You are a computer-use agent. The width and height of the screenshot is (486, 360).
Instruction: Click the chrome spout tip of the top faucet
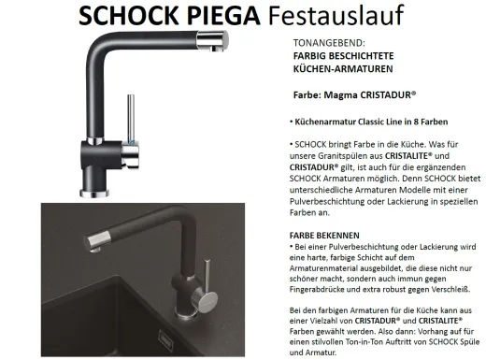coord(214,37)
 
